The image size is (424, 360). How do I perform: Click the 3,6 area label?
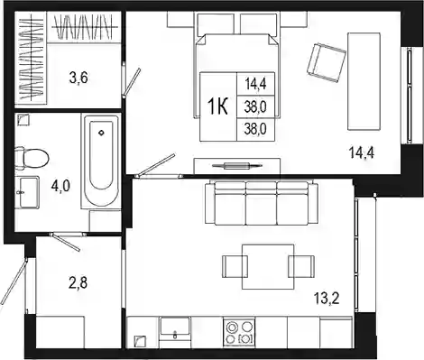[78, 78]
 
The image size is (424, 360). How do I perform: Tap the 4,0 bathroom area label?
[60, 186]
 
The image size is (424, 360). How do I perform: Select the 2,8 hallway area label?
[78, 283]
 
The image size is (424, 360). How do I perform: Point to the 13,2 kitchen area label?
[327, 299]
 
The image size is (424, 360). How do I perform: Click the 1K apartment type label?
[217, 106]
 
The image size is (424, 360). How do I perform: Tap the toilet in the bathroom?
[32, 158]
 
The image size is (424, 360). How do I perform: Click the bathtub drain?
[101, 133]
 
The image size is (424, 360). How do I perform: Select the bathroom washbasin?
[28, 192]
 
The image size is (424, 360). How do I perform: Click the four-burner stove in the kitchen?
[239, 332]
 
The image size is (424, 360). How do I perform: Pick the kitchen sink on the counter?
[175, 328]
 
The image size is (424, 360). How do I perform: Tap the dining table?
[268, 266]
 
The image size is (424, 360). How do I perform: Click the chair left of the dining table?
[235, 267]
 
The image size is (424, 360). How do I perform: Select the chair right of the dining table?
[301, 266]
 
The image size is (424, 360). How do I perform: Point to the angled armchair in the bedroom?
[327, 62]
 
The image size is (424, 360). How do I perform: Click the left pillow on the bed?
[216, 24]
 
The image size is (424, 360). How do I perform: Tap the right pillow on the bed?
[259, 24]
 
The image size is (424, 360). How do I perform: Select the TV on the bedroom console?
[237, 165]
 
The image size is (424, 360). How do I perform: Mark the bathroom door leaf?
[65, 242]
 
